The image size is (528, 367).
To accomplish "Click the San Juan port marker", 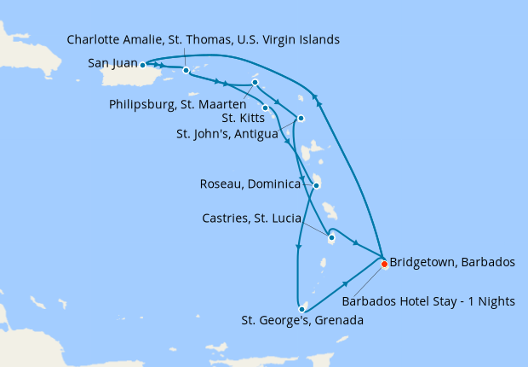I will [x=142, y=64].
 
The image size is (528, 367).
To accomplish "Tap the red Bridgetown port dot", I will [x=384, y=264].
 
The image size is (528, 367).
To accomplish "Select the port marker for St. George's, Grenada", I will [x=302, y=308].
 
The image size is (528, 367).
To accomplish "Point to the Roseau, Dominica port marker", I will [x=317, y=185].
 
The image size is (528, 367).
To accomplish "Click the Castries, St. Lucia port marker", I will [x=331, y=238].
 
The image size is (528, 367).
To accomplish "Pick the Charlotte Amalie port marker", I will [x=186, y=71].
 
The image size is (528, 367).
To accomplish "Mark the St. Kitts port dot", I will [x=266, y=108].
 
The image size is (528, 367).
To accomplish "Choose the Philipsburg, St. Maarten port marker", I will [x=255, y=83].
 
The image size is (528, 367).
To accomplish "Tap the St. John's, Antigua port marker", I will [x=301, y=118].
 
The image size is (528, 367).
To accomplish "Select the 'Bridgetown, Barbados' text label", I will [x=451, y=262].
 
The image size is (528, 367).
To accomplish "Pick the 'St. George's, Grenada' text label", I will [x=301, y=322].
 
